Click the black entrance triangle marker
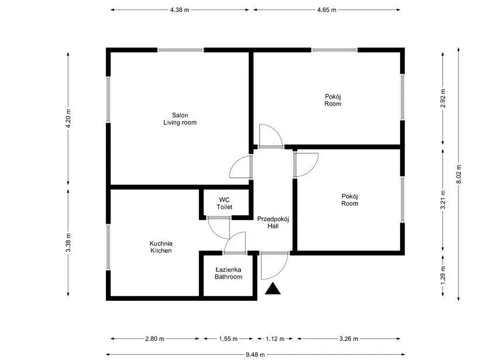273,289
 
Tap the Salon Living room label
180,119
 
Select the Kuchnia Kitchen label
161,247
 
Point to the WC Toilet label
224,203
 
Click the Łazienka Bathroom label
228,273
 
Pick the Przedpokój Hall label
273,222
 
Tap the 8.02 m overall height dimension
459,174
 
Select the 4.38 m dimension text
180,10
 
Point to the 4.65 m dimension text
326,10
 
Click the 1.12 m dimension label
275,339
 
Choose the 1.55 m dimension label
228,339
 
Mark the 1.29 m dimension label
443,275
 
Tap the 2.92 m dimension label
443,98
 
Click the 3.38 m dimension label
68,242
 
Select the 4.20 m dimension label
68,118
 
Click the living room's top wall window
181,50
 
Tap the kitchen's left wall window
108,246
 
